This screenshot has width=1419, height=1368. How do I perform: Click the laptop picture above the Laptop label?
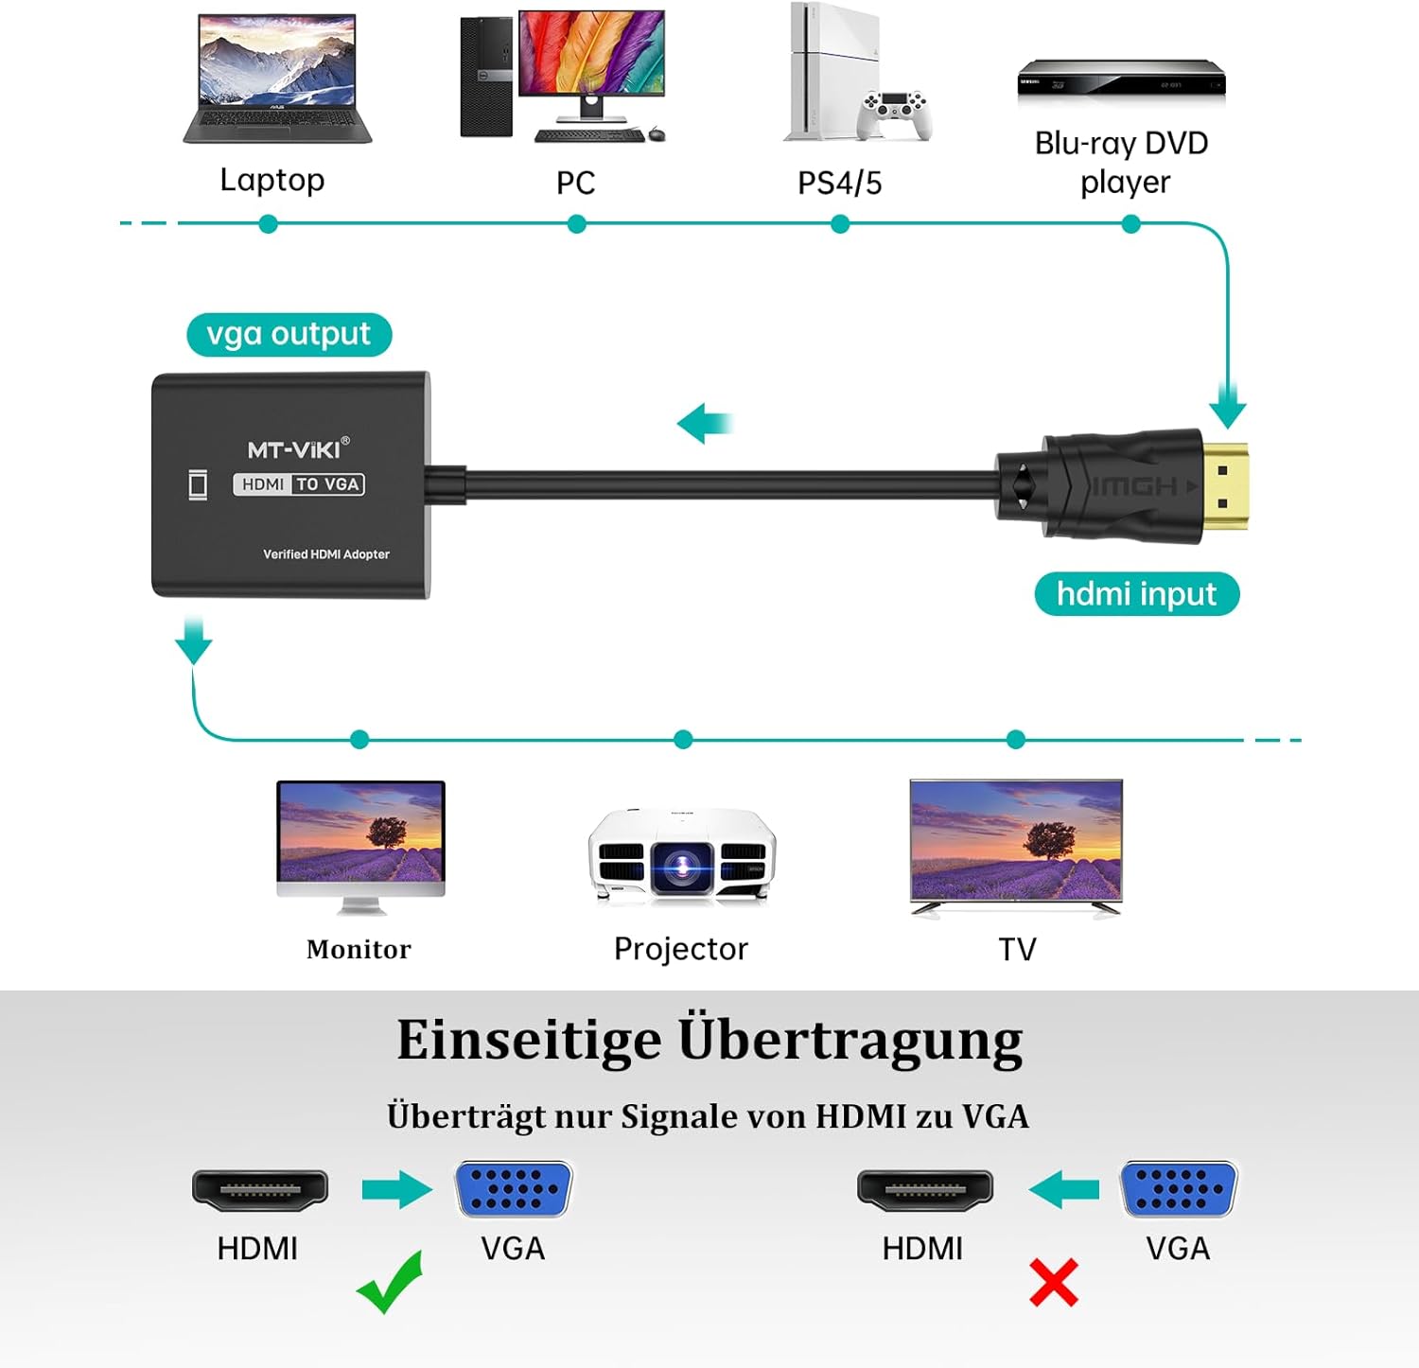276,79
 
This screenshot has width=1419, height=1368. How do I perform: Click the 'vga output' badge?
289,335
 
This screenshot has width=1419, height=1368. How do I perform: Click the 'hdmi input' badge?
1136,594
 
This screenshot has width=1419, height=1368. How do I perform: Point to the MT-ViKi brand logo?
298,448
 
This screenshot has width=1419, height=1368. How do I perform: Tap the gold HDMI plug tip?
1226,486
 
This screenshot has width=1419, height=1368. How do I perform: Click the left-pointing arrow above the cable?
705,423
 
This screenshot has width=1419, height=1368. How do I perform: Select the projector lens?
681,866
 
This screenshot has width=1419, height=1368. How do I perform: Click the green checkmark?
390,1283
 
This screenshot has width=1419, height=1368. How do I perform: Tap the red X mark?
1053,1283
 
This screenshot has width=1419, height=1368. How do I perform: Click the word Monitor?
359,949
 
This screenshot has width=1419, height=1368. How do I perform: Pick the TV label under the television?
1017,949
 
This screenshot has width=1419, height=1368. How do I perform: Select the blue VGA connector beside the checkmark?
514,1188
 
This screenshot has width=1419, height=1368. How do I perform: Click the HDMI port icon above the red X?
924,1190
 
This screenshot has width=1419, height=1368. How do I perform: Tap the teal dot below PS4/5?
840,224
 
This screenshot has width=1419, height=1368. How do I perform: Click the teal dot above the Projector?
683,740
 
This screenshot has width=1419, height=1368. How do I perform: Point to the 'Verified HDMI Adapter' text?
326,554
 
